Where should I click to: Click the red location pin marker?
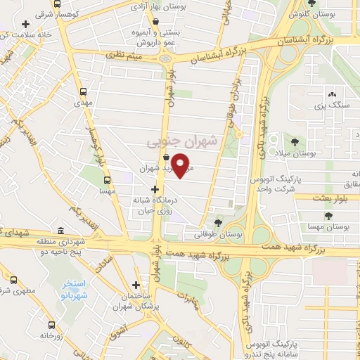(x=181, y=165)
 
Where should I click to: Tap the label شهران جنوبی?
(x=183, y=141)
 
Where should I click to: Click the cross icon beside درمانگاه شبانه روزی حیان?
(x=155, y=190)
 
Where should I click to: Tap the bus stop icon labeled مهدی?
(x=84, y=91)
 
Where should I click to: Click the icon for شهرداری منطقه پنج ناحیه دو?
(x=60, y=232)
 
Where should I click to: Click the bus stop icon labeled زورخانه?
(x=52, y=325)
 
